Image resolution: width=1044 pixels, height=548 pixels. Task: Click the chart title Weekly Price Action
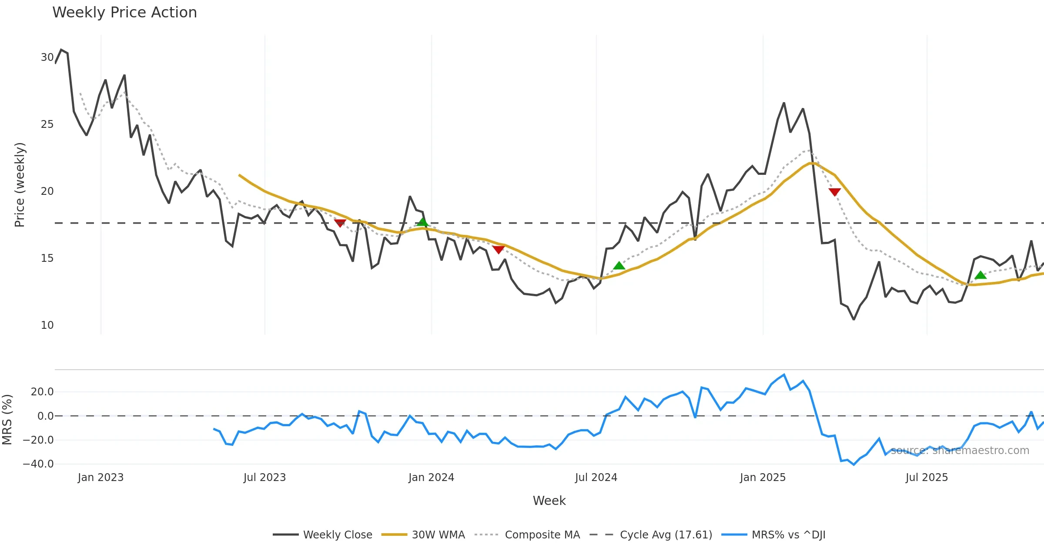124,13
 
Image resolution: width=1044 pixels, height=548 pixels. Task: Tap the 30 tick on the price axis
47,57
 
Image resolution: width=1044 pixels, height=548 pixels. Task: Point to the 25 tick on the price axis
47,124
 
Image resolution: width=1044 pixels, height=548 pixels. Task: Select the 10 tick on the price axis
47,325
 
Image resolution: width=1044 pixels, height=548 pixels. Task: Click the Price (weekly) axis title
20,185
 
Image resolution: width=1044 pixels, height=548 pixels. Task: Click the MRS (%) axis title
7,420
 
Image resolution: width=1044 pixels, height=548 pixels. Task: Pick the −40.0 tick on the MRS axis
38,464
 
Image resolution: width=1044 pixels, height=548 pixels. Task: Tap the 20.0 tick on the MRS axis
42,392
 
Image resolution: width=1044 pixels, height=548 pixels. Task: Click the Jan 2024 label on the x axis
431,478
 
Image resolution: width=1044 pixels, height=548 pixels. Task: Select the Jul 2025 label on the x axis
927,478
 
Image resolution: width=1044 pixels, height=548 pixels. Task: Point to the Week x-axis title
549,501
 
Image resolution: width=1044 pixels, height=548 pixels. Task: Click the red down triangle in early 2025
834,192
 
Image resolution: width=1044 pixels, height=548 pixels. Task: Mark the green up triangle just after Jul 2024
619,266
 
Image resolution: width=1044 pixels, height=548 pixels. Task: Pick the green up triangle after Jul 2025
980,275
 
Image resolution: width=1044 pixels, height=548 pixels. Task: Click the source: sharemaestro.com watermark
960,451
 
